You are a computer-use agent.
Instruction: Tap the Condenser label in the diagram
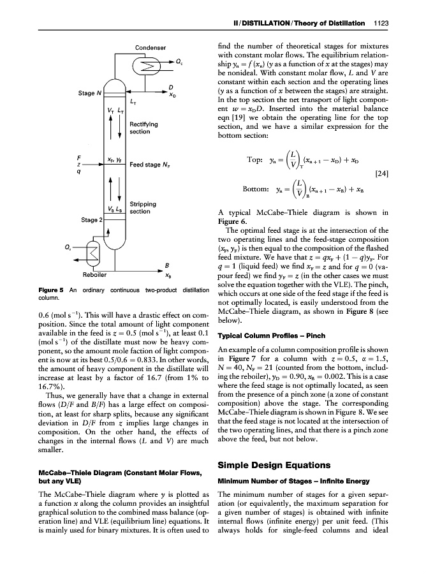(151, 48)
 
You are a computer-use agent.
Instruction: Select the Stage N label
(91, 93)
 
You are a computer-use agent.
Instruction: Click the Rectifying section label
(144, 128)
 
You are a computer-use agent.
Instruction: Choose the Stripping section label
(144, 207)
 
